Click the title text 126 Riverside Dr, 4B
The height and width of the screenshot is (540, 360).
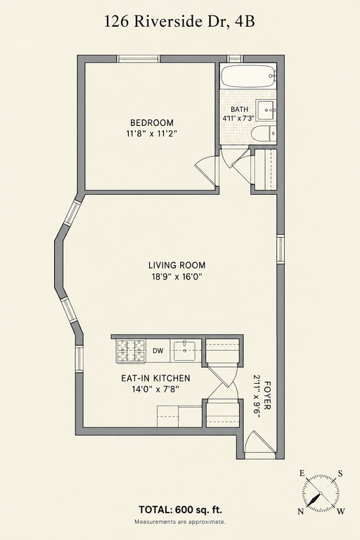pyautogui.click(x=180, y=22)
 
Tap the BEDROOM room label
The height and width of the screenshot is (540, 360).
pyautogui.click(x=152, y=122)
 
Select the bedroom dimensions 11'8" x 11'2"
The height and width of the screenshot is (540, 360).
pyautogui.click(x=152, y=134)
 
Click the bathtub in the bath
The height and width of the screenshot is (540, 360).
pyautogui.click(x=249, y=77)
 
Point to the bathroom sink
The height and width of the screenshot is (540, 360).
pyautogui.click(x=266, y=110)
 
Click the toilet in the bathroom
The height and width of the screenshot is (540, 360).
pyautogui.click(x=264, y=134)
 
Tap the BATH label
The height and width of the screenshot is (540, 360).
pyautogui.click(x=240, y=110)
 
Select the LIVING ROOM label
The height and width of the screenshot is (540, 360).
pyautogui.click(x=177, y=265)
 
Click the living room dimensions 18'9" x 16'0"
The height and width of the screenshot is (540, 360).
pyautogui.click(x=177, y=276)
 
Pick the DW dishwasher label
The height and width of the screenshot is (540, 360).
pyautogui.click(x=157, y=351)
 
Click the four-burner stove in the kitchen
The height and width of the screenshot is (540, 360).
pyautogui.click(x=131, y=351)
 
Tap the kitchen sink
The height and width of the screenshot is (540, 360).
pyautogui.click(x=184, y=350)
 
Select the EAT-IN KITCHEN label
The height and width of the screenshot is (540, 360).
pyautogui.click(x=155, y=378)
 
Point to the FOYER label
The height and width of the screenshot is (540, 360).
pyautogui.click(x=267, y=394)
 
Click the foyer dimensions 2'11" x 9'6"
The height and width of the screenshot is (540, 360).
pyautogui.click(x=257, y=396)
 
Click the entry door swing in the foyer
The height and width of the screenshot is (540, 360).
pyautogui.click(x=259, y=442)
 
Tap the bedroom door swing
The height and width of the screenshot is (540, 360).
pyautogui.click(x=207, y=169)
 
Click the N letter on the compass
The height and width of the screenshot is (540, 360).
pyautogui.click(x=301, y=512)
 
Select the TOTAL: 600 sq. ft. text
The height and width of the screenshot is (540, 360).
pyautogui.click(x=180, y=509)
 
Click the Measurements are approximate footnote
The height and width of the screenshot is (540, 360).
pyautogui.click(x=180, y=522)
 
